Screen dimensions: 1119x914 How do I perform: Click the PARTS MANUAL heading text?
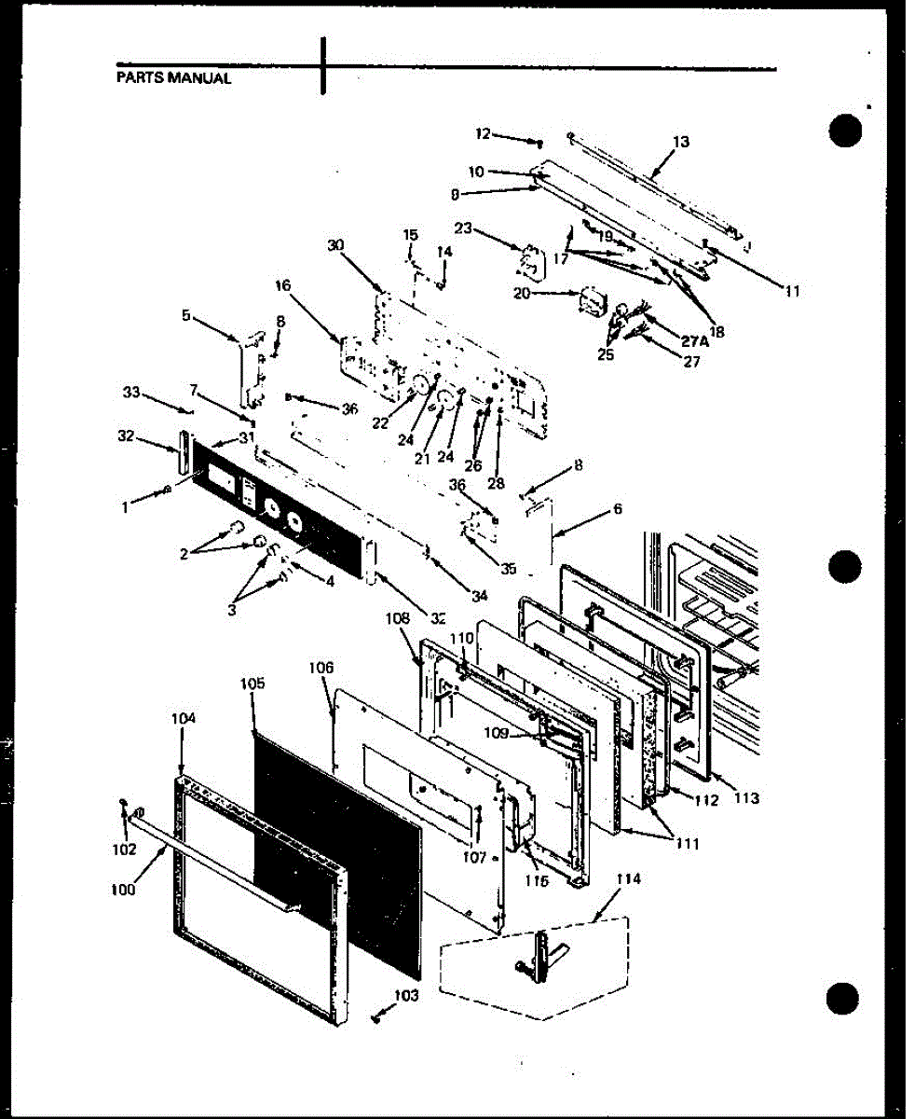point(173,78)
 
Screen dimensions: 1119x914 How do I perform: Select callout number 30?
point(336,245)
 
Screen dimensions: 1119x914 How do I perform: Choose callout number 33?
point(133,393)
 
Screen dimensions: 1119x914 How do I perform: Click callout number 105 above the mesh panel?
point(252,684)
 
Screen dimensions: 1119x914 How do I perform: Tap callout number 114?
point(629,879)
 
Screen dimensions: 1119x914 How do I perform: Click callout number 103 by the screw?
point(406,996)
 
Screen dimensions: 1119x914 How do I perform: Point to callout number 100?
point(121,890)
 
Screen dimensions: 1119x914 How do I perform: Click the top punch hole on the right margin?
point(844,130)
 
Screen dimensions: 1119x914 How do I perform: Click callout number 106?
point(321,668)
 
